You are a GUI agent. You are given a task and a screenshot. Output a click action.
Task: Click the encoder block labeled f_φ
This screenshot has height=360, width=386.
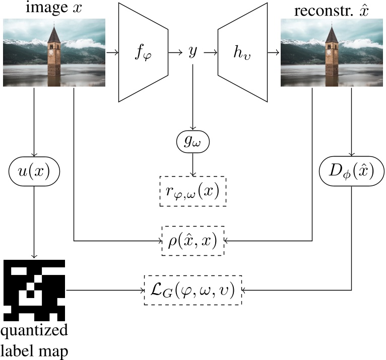[143, 52]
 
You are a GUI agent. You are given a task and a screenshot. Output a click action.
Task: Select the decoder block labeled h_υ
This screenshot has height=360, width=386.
[242, 52]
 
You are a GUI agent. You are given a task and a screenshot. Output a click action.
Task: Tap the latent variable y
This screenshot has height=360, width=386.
[192, 52]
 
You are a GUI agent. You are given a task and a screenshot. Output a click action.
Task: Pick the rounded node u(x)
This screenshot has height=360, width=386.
[34, 171]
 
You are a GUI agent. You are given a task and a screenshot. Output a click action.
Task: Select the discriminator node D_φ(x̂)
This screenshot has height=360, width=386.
[352, 171]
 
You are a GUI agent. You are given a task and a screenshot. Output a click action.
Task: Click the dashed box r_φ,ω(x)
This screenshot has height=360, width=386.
[192, 191]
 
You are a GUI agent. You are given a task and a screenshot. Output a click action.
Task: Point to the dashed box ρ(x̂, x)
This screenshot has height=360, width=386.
[192, 241]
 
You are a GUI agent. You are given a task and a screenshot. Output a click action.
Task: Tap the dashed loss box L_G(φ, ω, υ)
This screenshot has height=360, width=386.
[192, 290]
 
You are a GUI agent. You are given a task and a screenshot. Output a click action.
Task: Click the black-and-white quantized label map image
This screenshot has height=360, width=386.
[34, 291]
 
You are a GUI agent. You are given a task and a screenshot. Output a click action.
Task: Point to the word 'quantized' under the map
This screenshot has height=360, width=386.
[33, 332]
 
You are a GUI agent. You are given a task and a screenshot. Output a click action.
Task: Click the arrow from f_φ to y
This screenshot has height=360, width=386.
[176, 52]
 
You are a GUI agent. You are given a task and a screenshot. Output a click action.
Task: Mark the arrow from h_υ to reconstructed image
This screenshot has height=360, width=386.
[273, 52]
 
